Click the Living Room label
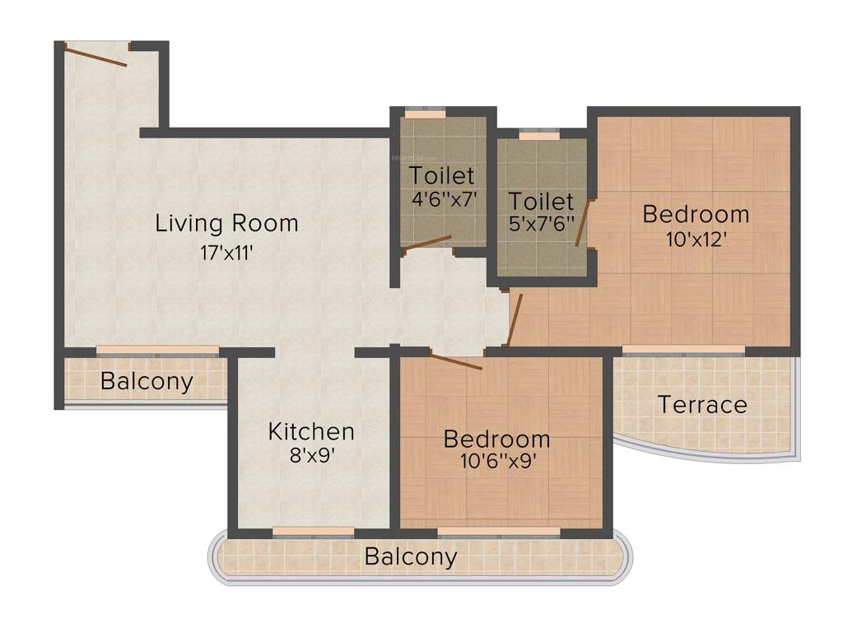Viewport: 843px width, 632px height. pyautogui.click(x=226, y=223)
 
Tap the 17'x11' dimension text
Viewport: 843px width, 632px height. pyautogui.click(x=226, y=253)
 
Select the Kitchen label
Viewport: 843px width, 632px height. pyautogui.click(x=311, y=431)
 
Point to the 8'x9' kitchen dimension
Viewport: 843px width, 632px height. pyautogui.click(x=311, y=457)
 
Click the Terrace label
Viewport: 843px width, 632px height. pyautogui.click(x=702, y=405)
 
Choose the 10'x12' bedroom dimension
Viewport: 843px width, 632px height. pyautogui.click(x=696, y=240)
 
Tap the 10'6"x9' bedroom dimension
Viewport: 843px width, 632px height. pyautogui.click(x=496, y=462)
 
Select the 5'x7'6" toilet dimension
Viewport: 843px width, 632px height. pyautogui.click(x=540, y=225)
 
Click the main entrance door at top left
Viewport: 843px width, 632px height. pyautogui.click(x=96, y=56)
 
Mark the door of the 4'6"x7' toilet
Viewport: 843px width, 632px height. pyautogui.click(x=427, y=243)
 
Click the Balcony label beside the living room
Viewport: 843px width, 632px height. pyautogui.click(x=147, y=381)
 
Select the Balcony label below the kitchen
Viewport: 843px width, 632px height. pyautogui.click(x=410, y=557)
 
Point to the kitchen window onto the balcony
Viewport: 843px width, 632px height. pyautogui.click(x=313, y=532)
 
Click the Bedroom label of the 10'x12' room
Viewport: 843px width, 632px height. pyautogui.click(x=696, y=215)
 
